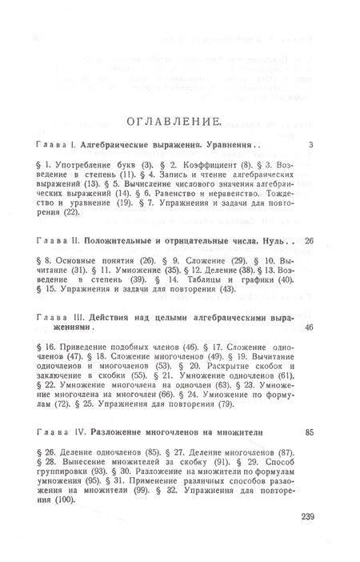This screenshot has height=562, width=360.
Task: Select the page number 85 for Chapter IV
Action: coord(311,433)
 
